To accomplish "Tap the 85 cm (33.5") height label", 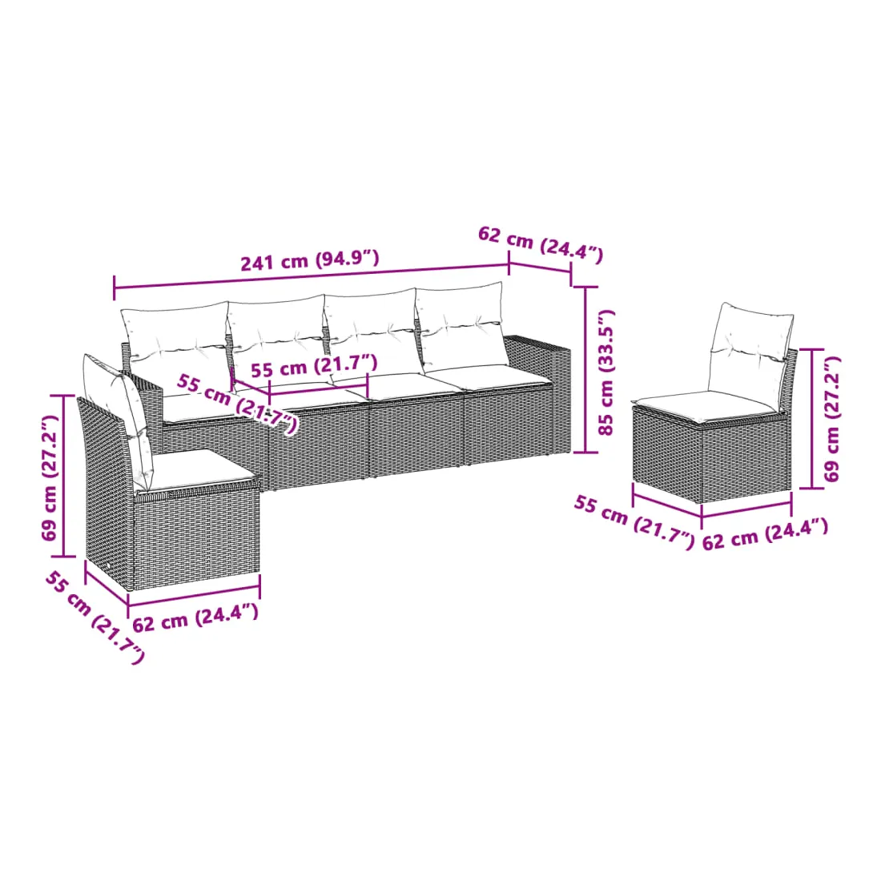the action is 607,372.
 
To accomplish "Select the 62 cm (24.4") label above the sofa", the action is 541,243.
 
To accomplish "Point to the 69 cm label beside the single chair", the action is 832,418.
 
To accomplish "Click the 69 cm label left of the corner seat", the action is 50,477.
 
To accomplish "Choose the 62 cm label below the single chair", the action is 765,534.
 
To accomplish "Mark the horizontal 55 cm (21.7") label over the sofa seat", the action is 313,366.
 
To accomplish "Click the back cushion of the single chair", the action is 750,349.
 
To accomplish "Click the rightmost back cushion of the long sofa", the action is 461,326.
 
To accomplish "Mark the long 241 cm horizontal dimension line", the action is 312,279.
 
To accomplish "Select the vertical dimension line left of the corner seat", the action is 64,476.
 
